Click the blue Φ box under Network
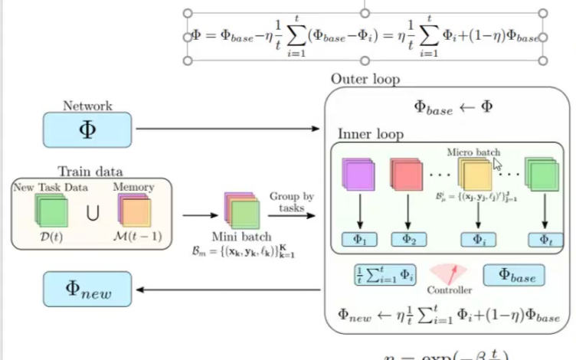87,129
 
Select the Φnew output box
87,289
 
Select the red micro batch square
407,175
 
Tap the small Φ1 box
358,238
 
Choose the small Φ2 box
408,238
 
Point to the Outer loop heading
365,79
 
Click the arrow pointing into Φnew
230,290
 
